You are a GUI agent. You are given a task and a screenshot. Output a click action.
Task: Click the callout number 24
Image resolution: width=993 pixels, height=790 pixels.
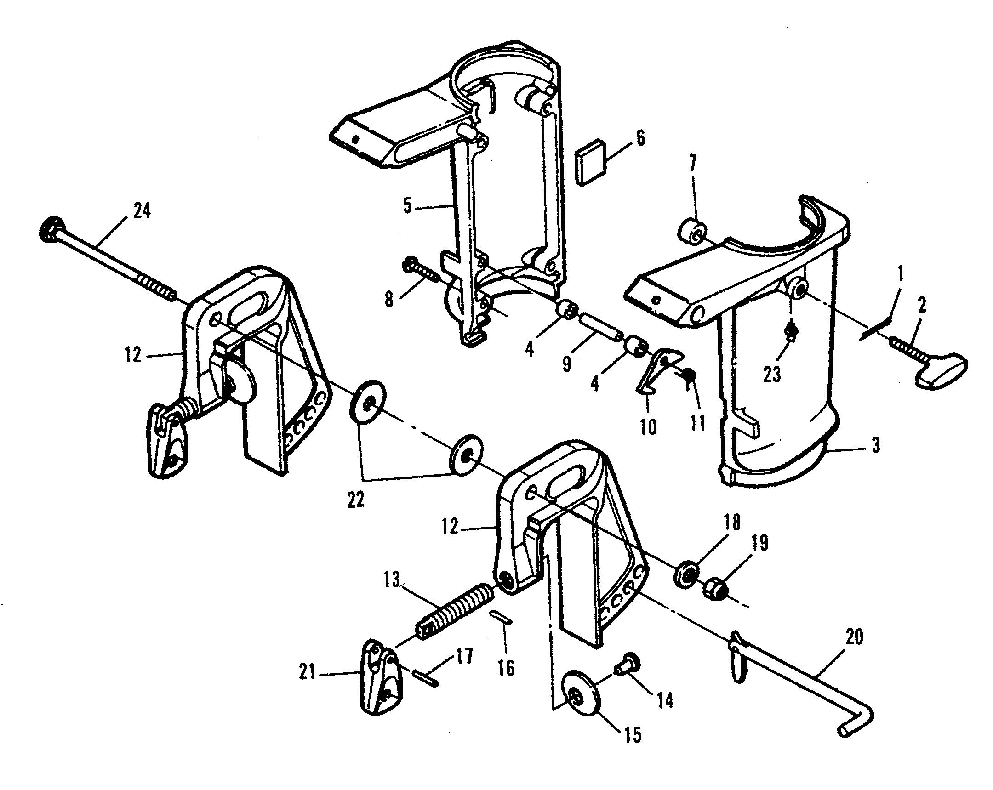pyautogui.click(x=142, y=211)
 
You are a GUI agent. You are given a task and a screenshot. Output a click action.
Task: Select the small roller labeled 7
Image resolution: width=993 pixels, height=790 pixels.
pyautogui.click(x=692, y=231)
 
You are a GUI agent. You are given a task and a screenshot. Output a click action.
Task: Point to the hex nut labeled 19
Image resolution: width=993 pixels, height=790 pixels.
pyautogui.click(x=716, y=590)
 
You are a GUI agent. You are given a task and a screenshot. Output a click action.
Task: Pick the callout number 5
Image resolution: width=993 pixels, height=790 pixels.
pyautogui.click(x=407, y=206)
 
